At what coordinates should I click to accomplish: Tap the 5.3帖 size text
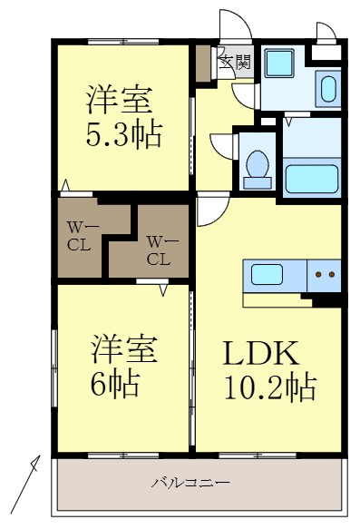pyautogui.click(x=124, y=135)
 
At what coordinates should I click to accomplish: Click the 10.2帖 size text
pyautogui.click(x=269, y=387)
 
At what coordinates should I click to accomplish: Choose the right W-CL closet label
pyautogui.click(x=158, y=250)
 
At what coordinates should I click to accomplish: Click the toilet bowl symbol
pyautogui.click(x=257, y=169)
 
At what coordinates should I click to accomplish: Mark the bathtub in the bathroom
pyautogui.click(x=311, y=179)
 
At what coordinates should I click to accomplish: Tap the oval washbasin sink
pyautogui.click(x=327, y=90)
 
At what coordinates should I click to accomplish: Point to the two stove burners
pyautogui.click(x=325, y=273)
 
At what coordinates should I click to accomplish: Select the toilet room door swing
pyautogui.click(x=223, y=146)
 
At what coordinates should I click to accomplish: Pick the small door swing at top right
pyautogui.click(x=325, y=33)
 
